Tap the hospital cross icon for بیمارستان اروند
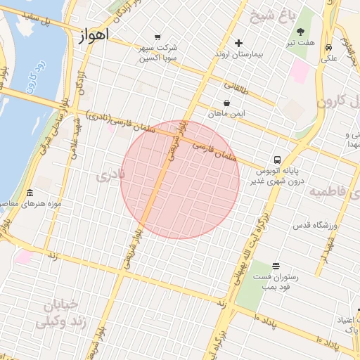point(238,44)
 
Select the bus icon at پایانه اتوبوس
point(278,160)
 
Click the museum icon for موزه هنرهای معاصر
point(30,193)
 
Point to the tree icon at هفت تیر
point(301,32)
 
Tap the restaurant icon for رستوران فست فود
point(275,266)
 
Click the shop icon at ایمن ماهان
point(226,103)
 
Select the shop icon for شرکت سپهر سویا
point(157,37)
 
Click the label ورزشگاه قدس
point(315,226)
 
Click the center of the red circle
point(180,179)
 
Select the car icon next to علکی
point(329,47)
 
